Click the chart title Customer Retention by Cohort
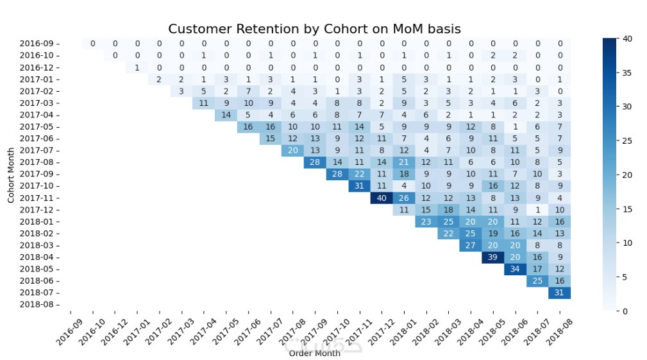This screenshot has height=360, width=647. click(x=314, y=30)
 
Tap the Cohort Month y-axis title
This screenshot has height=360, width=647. click(x=11, y=175)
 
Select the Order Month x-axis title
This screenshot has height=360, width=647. click(x=314, y=353)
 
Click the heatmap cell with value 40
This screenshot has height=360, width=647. click(x=382, y=198)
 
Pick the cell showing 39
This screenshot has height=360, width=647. click(x=493, y=257)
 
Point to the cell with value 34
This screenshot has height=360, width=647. click(x=515, y=269)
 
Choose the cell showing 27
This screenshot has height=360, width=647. click(x=471, y=245)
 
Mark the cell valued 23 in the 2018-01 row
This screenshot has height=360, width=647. click(x=426, y=221)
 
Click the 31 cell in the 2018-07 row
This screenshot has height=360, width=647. click(x=560, y=293)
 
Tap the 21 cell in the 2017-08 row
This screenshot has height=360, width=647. click(x=404, y=162)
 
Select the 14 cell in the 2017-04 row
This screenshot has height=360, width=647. click(x=226, y=115)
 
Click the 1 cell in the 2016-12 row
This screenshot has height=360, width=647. click(x=137, y=67)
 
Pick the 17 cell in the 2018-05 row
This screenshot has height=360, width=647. click(x=537, y=269)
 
